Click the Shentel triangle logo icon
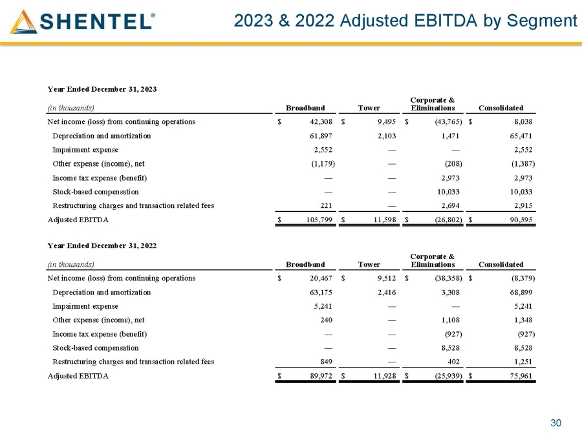pyautogui.click(x=23, y=22)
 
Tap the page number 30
pyautogui.click(x=555, y=423)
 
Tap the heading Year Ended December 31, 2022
pyautogui.click(x=103, y=245)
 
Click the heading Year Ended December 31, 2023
pyautogui.click(x=103, y=88)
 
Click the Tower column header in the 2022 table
pyautogui.click(x=369, y=264)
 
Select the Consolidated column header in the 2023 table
pyautogui.click(x=501, y=108)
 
